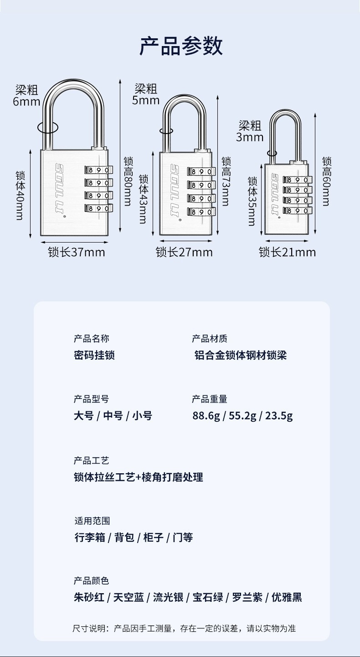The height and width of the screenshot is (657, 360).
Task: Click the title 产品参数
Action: [180, 47]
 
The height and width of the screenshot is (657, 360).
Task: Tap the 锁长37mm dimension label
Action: [77, 252]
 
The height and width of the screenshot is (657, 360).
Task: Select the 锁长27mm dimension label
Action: [184, 252]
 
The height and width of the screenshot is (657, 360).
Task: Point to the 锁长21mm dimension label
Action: [287, 252]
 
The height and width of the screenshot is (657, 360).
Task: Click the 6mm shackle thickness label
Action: [26, 101]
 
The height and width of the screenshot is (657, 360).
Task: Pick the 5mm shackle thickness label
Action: [146, 100]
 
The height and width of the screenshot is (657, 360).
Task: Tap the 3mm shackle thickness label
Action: [250, 137]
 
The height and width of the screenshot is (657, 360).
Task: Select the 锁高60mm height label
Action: [326, 181]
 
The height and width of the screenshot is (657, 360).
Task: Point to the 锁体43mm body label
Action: [143, 199]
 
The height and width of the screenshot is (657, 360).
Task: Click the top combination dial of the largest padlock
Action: [98, 170]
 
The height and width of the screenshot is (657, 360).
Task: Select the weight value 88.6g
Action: [206, 416]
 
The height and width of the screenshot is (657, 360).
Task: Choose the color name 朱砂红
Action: [89, 597]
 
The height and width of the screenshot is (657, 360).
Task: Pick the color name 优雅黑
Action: [287, 597]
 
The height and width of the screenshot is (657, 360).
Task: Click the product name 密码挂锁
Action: [94, 355]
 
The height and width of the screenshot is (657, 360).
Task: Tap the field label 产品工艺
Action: [92, 460]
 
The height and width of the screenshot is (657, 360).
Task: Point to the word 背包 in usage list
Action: [124, 538]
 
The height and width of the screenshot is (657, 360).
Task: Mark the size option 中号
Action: [113, 416]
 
